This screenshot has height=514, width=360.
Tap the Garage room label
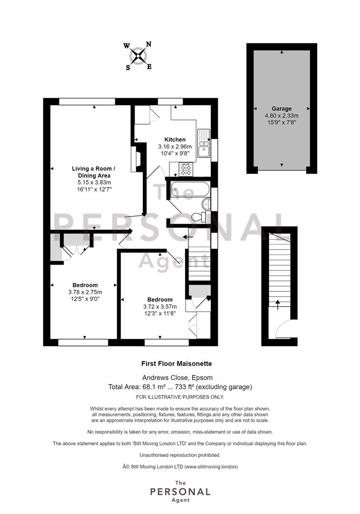[282, 109]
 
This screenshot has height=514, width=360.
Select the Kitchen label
[175, 139]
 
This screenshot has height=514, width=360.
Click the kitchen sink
[204, 144]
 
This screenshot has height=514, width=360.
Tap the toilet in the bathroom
[199, 217]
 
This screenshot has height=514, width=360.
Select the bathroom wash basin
[206, 204]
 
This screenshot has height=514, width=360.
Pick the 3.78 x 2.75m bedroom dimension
[85, 292]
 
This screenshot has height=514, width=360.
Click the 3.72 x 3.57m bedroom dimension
[160, 306]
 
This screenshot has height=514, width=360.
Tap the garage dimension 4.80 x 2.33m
[282, 116]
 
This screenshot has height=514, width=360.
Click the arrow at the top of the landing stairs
[188, 237]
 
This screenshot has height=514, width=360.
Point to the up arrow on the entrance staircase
[278, 305]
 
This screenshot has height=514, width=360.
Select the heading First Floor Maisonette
[176, 364]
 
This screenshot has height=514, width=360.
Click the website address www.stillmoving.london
[211, 466]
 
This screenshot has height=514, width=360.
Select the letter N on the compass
[148, 45]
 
